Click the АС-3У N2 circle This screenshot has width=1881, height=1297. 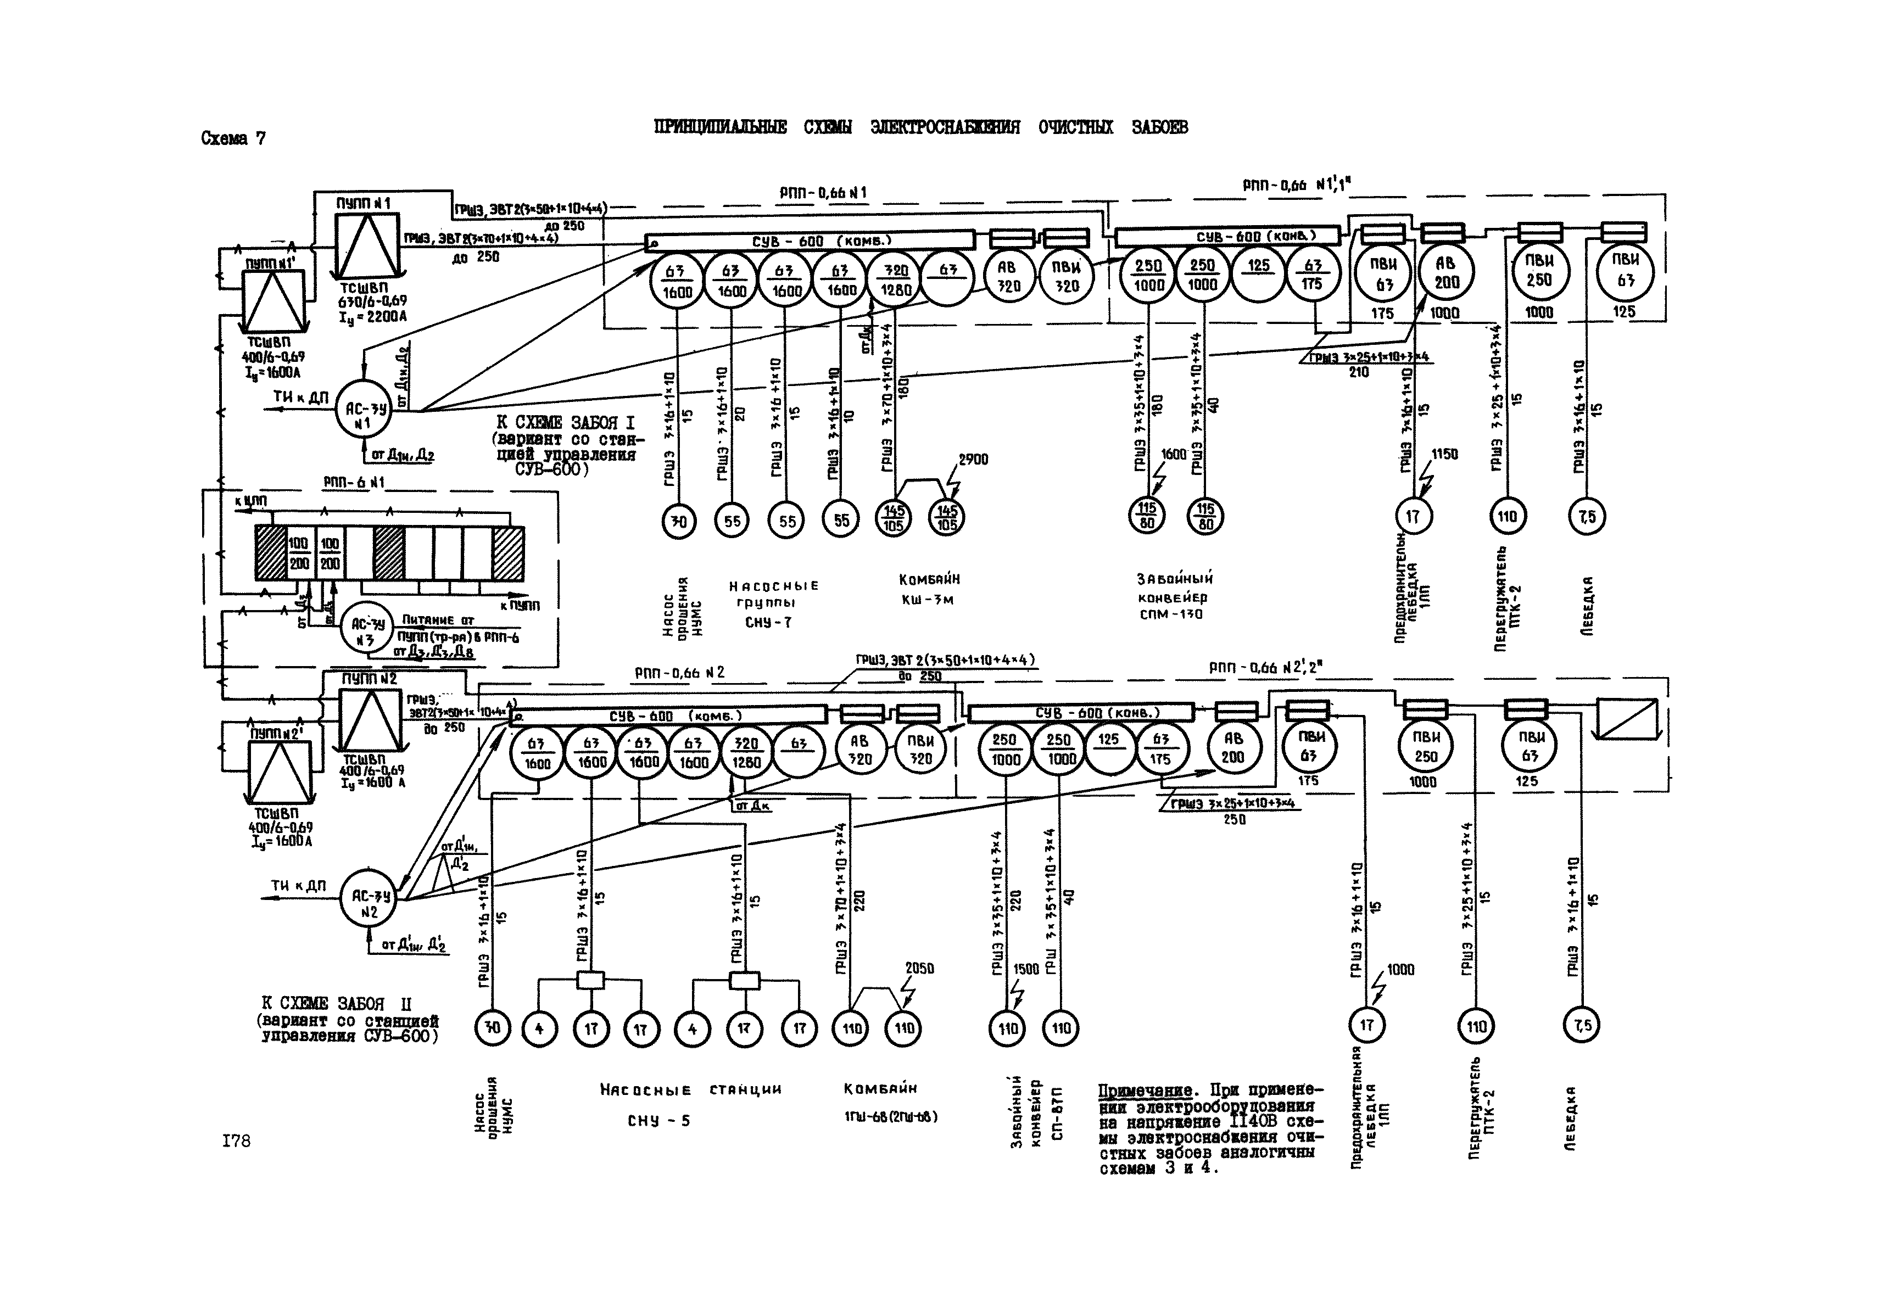[370, 898]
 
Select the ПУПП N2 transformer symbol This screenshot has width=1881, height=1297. [370, 719]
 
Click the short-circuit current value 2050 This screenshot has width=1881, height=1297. [919, 968]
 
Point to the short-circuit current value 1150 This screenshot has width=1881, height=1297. [1444, 454]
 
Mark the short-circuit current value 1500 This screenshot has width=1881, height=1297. [1026, 969]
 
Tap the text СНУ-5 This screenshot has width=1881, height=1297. [658, 1121]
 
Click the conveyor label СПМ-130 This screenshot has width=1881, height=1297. [1170, 614]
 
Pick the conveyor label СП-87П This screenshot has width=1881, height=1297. [1057, 1114]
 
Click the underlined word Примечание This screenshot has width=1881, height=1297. [1144, 1091]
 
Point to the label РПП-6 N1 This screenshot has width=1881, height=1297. [354, 483]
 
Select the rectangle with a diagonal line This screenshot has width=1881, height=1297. [1627, 718]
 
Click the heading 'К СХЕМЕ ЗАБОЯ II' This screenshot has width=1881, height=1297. [348, 1004]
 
